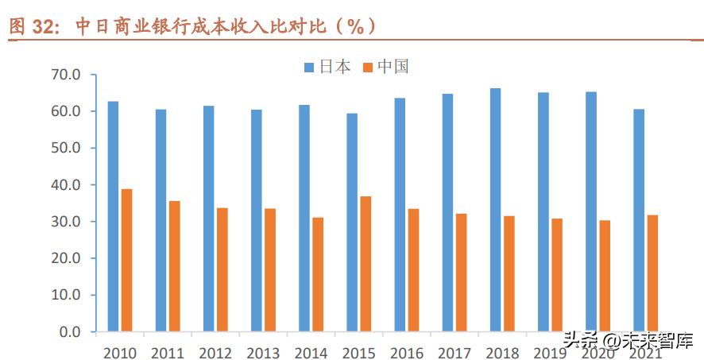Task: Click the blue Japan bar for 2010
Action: pyautogui.click(x=113, y=216)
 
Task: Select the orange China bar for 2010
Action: pyautogui.click(x=126, y=260)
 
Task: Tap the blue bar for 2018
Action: pyautogui.click(x=495, y=210)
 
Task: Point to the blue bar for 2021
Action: pyautogui.click(x=639, y=220)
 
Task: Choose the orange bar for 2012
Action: pyautogui.click(x=222, y=269)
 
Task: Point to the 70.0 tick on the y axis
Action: pyautogui.click(x=65, y=75)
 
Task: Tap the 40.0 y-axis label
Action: pyautogui.click(x=65, y=184)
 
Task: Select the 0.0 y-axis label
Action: pyautogui.click(x=69, y=331)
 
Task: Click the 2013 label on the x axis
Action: pyautogui.click(x=263, y=352)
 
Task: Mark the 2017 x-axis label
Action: pyautogui.click(x=455, y=352)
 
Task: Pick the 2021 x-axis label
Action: pyautogui.click(x=645, y=352)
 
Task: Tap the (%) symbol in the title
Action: pyautogui.click(x=349, y=26)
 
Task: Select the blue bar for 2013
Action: pyautogui.click(x=257, y=220)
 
